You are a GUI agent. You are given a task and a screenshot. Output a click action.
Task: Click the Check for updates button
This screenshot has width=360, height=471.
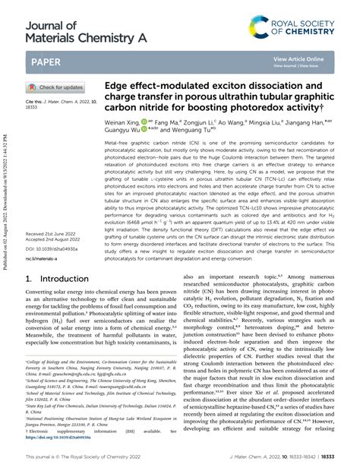[55, 87]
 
